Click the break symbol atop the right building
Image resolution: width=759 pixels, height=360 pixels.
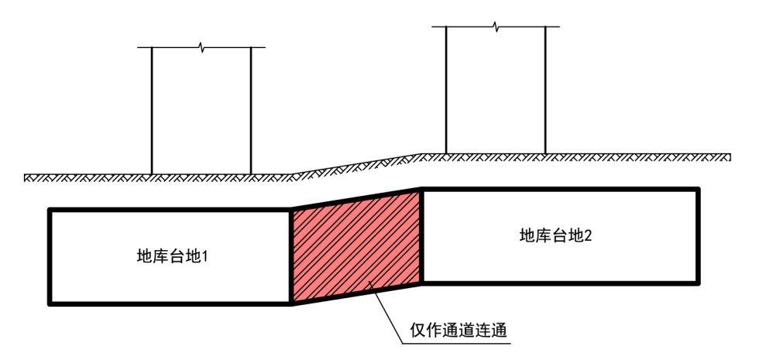[496, 27]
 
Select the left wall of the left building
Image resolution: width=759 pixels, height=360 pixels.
[152, 108]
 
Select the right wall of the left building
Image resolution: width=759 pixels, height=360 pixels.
[251, 108]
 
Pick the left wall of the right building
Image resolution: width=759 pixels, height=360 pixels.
[447, 89]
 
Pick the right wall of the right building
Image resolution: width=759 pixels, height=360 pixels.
[546, 89]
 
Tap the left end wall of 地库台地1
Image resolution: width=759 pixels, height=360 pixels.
[50, 255]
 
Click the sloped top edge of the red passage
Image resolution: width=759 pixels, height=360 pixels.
[356, 198]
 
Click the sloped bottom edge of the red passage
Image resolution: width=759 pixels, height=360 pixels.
[356, 293]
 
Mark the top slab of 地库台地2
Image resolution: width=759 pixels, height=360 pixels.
[558, 190]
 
